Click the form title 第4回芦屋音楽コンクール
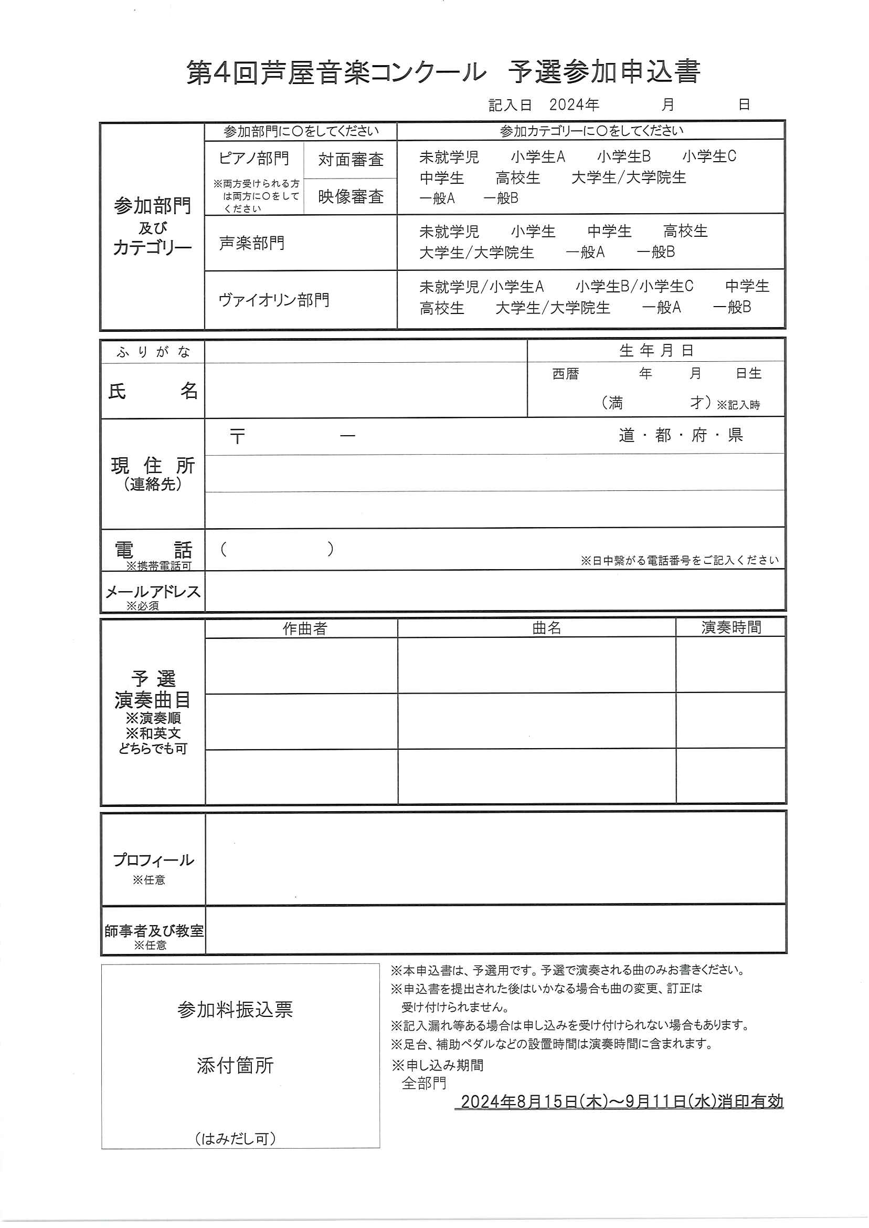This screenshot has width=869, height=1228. point(336,73)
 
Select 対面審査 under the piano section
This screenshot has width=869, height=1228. point(351,160)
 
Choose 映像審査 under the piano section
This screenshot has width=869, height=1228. point(351,196)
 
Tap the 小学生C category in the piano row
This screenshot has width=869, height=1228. point(709,156)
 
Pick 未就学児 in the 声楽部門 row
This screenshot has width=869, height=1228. point(449,232)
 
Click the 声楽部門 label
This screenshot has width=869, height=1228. point(251,243)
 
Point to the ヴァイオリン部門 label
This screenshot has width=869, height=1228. point(273,300)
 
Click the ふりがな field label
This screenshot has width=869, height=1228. point(153,352)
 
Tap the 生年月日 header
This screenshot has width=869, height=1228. point(656,351)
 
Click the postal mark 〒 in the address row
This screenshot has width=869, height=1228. point(237,436)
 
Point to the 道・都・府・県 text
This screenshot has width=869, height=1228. point(681,435)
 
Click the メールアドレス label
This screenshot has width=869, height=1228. point(153,592)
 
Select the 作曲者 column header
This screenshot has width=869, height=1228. point(304,628)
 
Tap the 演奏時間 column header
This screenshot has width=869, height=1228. point(731,627)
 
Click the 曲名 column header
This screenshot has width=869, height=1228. point(546,628)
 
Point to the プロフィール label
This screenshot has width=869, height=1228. point(153,860)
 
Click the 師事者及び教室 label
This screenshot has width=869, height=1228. point(154,931)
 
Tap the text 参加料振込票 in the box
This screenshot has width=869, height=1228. point(235,1010)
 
